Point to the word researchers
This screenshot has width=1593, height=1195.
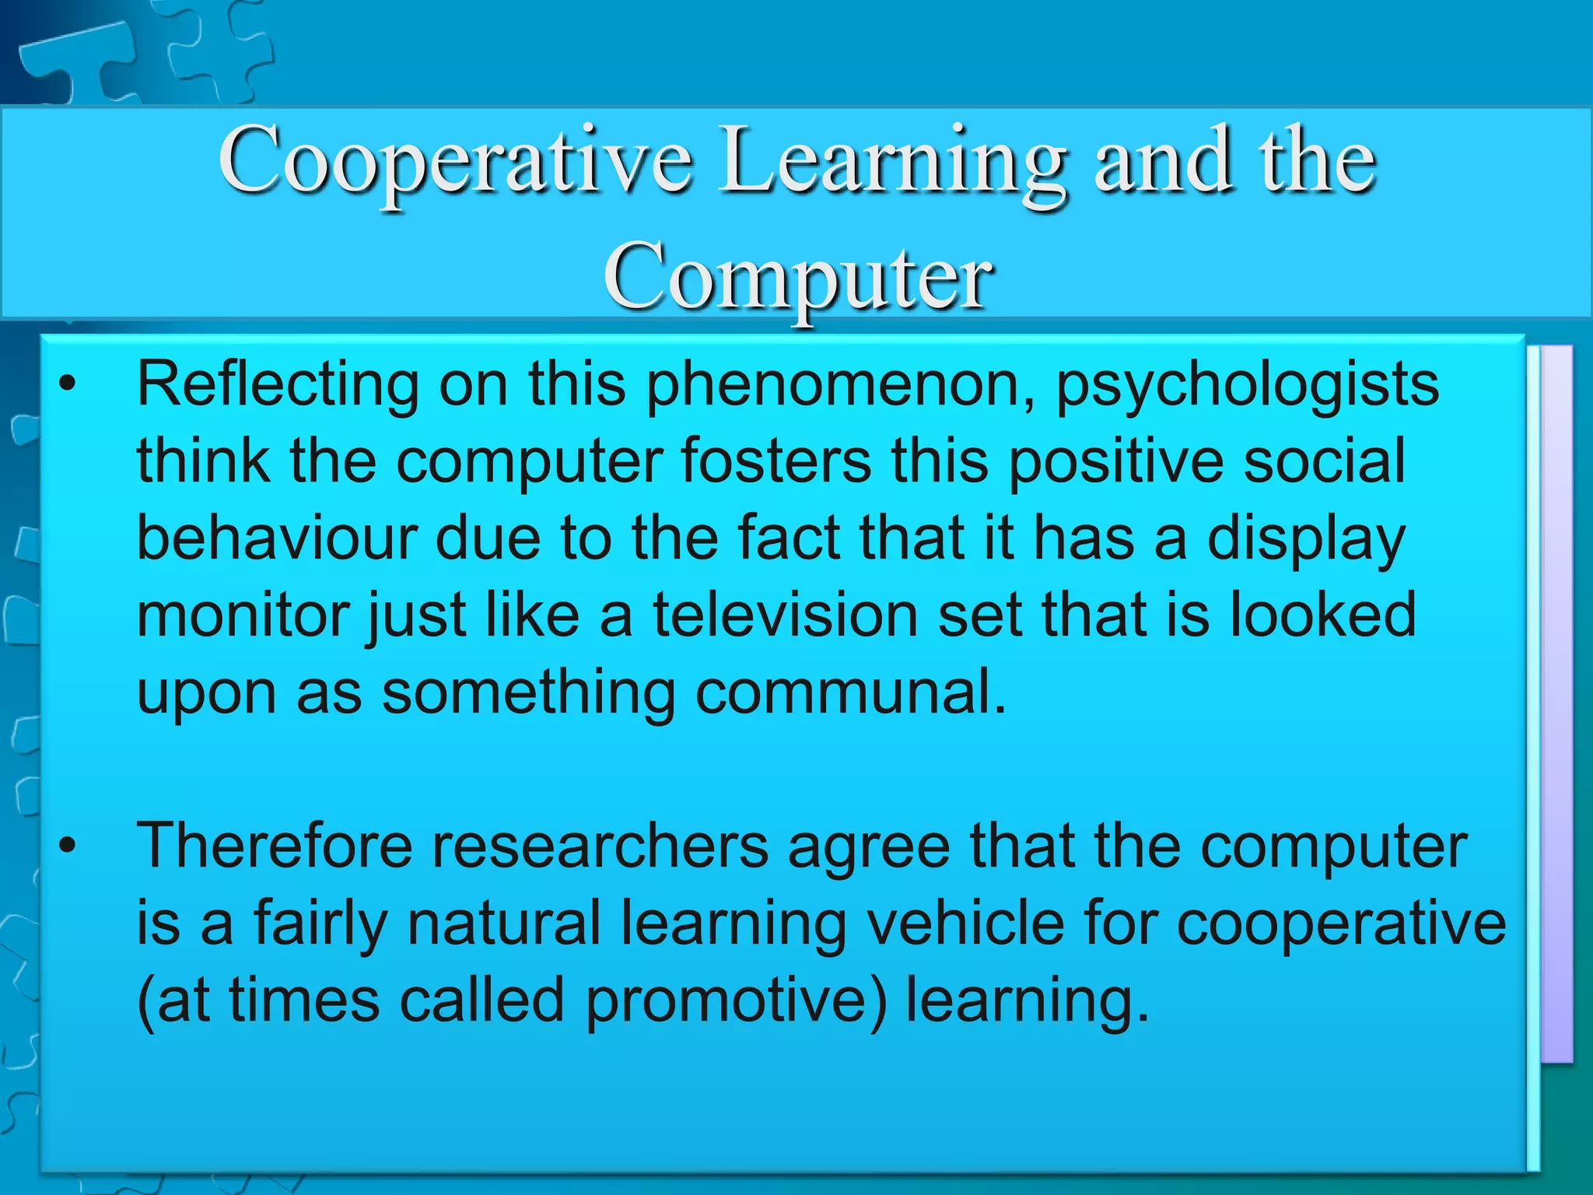600,846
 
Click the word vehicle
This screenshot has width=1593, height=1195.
965,923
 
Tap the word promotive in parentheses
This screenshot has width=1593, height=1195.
735,1000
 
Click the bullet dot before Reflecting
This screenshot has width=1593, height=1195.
68,385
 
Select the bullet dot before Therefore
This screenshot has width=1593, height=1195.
68,846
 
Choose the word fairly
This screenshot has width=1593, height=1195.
319,923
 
